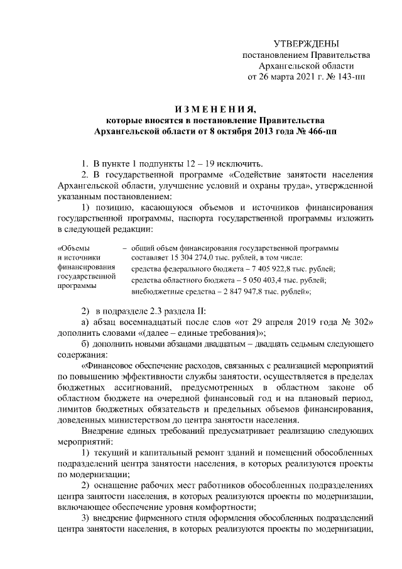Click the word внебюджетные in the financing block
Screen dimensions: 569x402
(155, 292)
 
